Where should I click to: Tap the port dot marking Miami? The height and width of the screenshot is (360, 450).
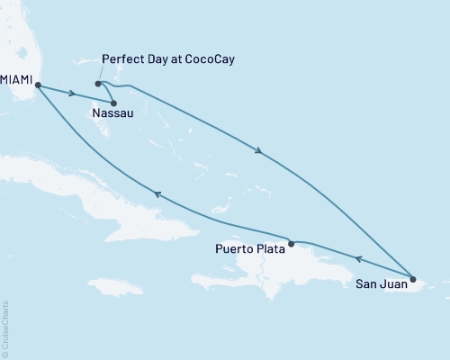(38, 86)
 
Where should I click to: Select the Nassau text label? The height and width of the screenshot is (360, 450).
(110, 113)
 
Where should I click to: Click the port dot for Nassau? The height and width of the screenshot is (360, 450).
(113, 102)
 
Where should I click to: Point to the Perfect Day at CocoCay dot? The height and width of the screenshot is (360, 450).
(98, 84)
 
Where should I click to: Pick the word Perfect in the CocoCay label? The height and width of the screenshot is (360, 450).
(122, 59)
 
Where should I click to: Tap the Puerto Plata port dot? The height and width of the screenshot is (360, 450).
(292, 242)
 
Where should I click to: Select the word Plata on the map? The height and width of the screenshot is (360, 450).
(266, 247)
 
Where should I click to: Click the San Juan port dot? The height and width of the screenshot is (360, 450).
(413, 278)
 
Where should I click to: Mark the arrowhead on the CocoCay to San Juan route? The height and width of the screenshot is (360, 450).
(259, 150)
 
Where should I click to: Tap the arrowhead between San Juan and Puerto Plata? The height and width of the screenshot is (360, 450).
(357, 259)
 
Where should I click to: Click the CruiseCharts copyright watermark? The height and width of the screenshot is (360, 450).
(5, 328)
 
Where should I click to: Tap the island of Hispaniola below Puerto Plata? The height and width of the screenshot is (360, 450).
(279, 279)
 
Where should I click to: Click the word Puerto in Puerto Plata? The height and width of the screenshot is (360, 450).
(231, 247)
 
